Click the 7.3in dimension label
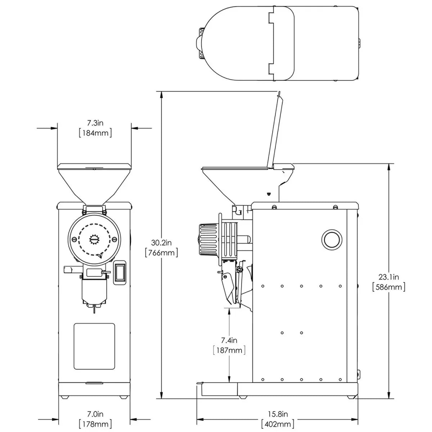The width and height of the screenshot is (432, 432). click(x=95, y=123)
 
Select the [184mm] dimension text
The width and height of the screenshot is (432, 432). click(x=95, y=133)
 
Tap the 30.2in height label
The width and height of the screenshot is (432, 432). click(x=162, y=242)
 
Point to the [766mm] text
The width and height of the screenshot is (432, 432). click(x=162, y=252)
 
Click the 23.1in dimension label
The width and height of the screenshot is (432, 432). click(x=389, y=277)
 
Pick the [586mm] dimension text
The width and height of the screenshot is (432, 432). click(x=389, y=287)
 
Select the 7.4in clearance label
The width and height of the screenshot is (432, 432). click(x=229, y=339)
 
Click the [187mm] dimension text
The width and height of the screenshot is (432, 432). click(x=229, y=350)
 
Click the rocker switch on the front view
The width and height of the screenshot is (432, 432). click(x=120, y=273)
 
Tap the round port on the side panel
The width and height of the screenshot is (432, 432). click(x=331, y=239)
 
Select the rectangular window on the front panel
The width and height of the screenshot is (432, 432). click(x=94, y=346)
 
